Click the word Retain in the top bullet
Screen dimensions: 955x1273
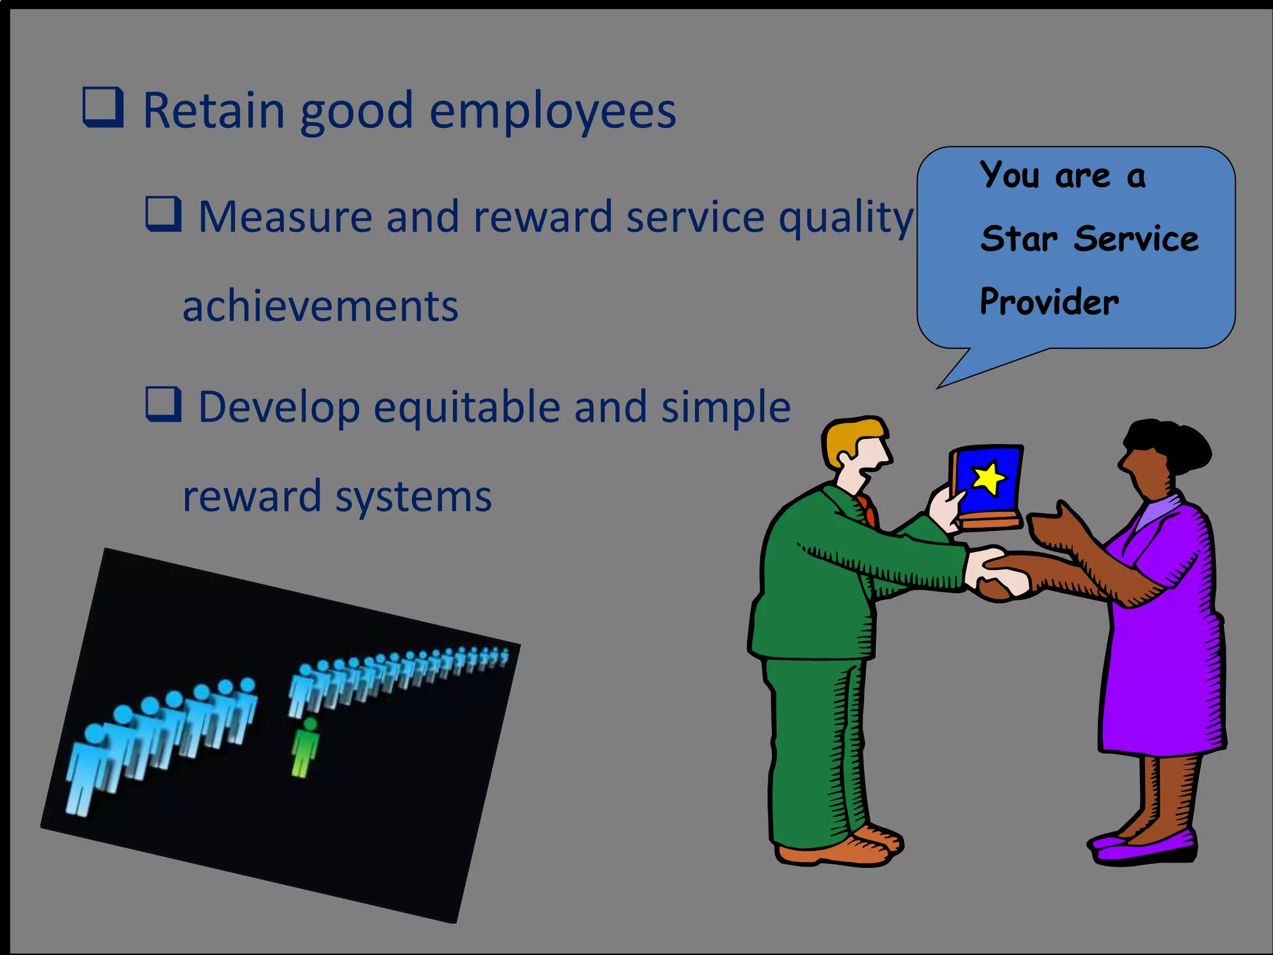[214, 111]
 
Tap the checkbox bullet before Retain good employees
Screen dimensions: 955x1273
[103, 108]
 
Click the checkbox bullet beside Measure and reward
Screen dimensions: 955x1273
[164, 214]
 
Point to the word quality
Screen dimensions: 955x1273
[846, 219]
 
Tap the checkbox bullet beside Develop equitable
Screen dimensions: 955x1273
[164, 404]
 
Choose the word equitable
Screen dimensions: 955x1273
[467, 408]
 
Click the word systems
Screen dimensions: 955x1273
[413, 497]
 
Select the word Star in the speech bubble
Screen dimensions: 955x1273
[1019, 239]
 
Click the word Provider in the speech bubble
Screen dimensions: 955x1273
[1049, 303]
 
